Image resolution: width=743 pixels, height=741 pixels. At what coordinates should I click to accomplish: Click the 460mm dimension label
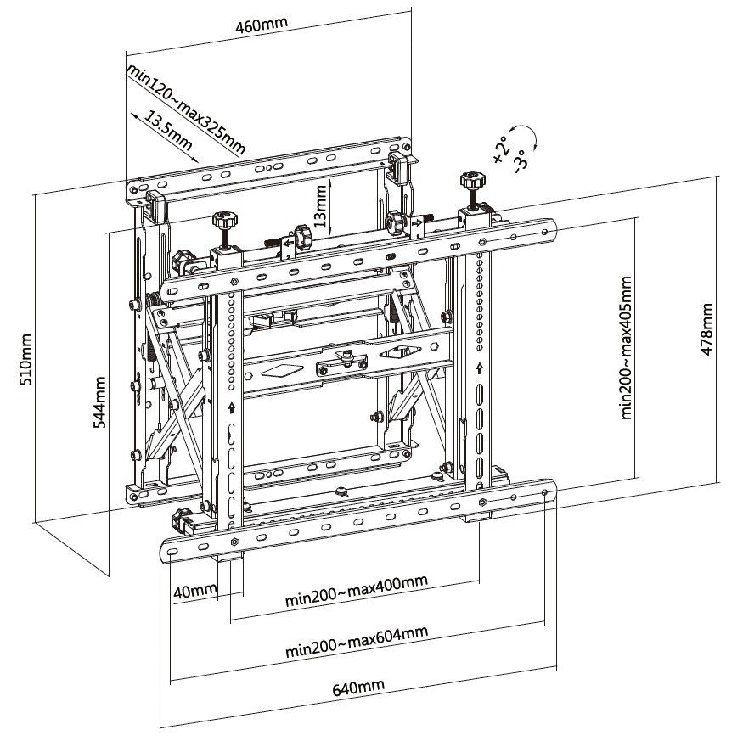coord(259,25)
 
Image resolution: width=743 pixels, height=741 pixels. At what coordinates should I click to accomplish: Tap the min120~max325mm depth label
coord(185,108)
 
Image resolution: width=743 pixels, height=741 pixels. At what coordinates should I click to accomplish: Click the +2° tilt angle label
coord(501,147)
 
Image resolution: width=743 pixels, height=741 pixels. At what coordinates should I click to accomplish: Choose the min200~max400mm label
coord(355,594)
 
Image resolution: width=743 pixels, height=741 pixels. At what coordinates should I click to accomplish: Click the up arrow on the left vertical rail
coord(231,407)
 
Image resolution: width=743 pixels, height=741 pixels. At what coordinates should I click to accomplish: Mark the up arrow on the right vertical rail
coord(481,369)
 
